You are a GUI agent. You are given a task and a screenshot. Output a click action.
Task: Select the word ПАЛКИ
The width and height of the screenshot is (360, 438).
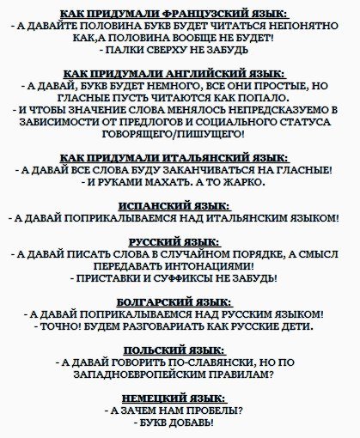(135, 51)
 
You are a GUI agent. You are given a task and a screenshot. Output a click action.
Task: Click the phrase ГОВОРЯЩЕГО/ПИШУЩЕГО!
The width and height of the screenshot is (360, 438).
(180, 135)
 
